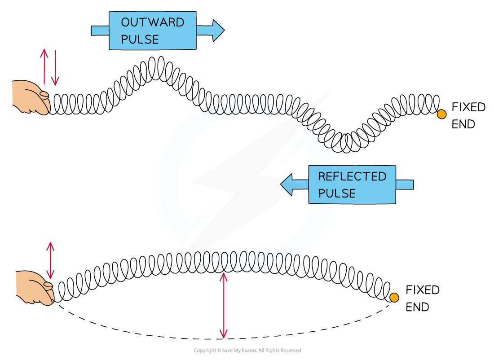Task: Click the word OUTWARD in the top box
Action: pos(152,22)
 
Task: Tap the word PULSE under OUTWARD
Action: pos(140,40)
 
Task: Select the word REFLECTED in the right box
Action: pos(352,176)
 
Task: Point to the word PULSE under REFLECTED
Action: pos(336,193)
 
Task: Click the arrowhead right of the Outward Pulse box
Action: pos(217,31)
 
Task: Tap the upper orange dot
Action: pos(441,114)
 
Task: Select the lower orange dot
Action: pos(394,298)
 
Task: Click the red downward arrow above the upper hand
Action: pos(55,68)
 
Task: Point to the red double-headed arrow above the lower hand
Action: pos(50,260)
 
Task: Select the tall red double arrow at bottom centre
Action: pos(223,305)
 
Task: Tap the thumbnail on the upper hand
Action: pos(44,94)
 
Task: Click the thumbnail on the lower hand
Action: pos(48,285)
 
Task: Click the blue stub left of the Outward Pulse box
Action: pos(100,31)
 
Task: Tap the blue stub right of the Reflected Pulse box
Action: pos(404,184)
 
